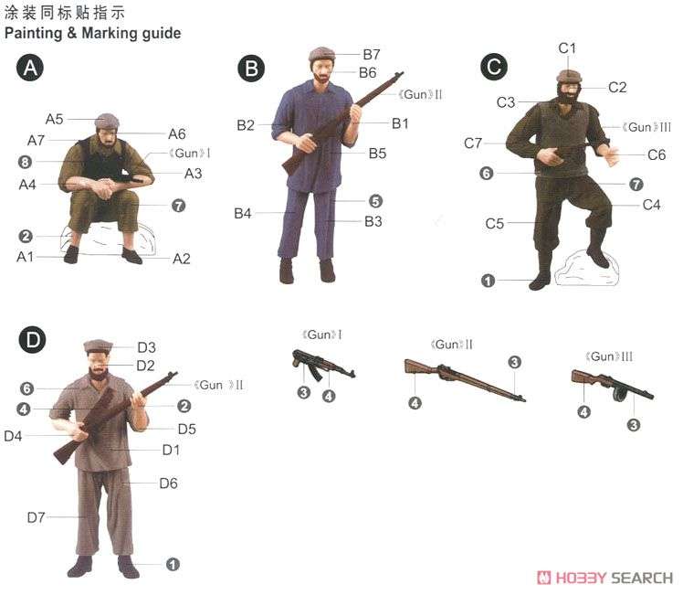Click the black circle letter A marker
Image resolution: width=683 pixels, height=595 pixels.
point(32,68)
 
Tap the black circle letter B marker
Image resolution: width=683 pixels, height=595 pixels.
point(250,68)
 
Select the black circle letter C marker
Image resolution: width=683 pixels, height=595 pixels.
point(493,67)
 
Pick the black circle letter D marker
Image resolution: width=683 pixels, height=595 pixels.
point(32,341)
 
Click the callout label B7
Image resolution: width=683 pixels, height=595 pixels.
point(371,54)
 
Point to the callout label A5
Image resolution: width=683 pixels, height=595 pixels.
point(54,119)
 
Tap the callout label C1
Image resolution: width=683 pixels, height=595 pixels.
point(567,47)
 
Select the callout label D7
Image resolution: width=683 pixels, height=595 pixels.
point(36,517)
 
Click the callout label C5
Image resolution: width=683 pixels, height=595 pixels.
point(495,223)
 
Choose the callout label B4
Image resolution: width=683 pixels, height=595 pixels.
point(242,214)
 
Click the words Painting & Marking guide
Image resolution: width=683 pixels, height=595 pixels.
point(92,34)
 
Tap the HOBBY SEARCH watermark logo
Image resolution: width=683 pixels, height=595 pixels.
point(605,578)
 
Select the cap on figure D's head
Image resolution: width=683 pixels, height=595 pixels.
point(98,345)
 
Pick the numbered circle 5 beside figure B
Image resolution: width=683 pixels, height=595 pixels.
point(374,201)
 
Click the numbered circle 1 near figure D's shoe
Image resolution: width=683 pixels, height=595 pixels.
point(173,565)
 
